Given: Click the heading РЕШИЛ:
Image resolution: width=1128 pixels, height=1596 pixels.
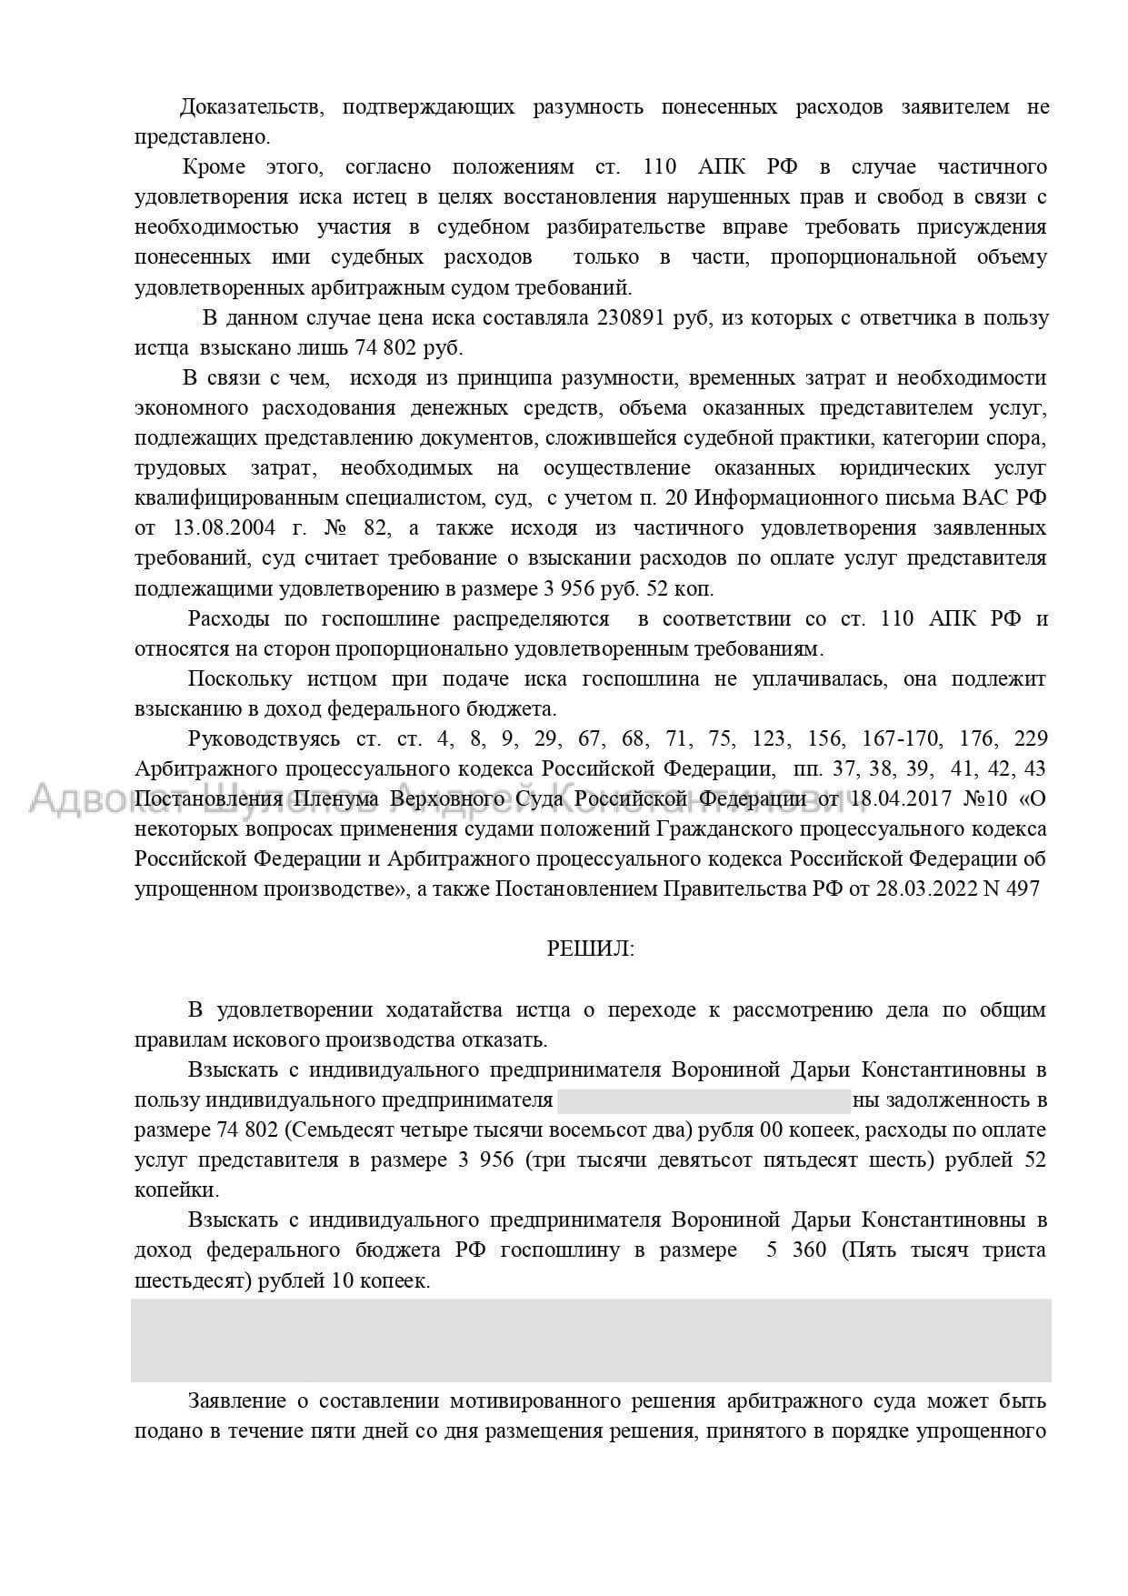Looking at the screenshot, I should (x=591, y=949).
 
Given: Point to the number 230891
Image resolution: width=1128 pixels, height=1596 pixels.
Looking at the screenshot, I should (x=634, y=318).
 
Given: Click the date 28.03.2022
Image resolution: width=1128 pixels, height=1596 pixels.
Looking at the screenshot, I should (x=924, y=888).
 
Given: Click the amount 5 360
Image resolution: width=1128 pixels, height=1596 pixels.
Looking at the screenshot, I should (x=796, y=1250).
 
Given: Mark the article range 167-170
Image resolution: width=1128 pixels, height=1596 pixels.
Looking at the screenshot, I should (x=937, y=738).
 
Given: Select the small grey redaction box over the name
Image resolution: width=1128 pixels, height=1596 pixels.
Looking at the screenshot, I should (x=704, y=1100).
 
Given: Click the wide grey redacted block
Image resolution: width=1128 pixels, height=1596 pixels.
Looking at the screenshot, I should (x=591, y=1340).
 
